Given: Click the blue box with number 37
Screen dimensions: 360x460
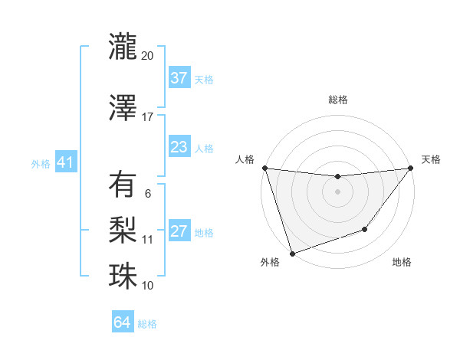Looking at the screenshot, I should click(x=179, y=78).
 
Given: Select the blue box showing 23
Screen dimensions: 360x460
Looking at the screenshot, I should click(x=179, y=147).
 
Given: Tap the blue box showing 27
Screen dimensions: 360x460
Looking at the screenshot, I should click(x=179, y=232).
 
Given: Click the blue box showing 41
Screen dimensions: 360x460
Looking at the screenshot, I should click(x=65, y=163).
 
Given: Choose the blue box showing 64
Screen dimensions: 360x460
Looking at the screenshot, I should click(x=123, y=323).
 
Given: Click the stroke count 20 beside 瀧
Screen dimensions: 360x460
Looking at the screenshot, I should click(x=148, y=56).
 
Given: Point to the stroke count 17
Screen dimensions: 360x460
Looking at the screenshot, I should click(x=148, y=117).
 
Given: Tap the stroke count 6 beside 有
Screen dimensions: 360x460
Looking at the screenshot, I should click(x=148, y=194).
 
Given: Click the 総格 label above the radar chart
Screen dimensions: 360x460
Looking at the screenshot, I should click(x=337, y=100).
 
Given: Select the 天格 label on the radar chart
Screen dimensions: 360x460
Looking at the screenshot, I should click(x=431, y=159).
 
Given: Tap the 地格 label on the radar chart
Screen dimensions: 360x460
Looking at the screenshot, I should click(x=402, y=262).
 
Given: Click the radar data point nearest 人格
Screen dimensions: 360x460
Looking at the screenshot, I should click(x=264, y=168).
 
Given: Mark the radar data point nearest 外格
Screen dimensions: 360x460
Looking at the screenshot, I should click(x=292, y=253).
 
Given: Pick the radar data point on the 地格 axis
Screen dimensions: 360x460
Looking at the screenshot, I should click(x=365, y=229).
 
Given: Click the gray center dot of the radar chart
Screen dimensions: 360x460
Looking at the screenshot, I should click(x=337, y=191).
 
